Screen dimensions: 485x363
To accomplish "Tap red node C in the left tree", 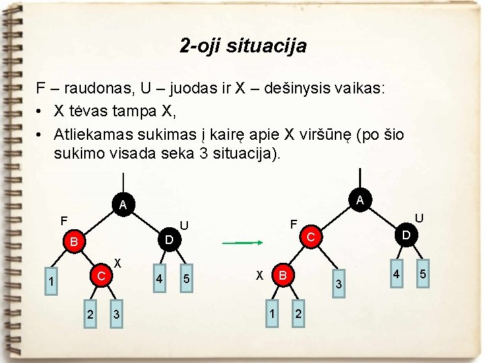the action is (x=101, y=276).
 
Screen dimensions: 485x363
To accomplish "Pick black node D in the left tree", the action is (x=170, y=239).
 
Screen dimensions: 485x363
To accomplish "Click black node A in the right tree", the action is (x=360, y=200).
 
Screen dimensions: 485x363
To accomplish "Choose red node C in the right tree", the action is (x=311, y=237).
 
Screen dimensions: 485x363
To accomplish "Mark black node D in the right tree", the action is (x=406, y=235).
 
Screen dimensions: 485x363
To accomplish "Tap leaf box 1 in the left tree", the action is (x=51, y=282).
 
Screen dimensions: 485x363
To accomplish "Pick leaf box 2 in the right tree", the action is (x=298, y=314).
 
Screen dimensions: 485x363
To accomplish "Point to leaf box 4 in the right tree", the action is (x=397, y=274).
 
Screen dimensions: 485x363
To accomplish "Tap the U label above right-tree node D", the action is (x=419, y=218).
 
